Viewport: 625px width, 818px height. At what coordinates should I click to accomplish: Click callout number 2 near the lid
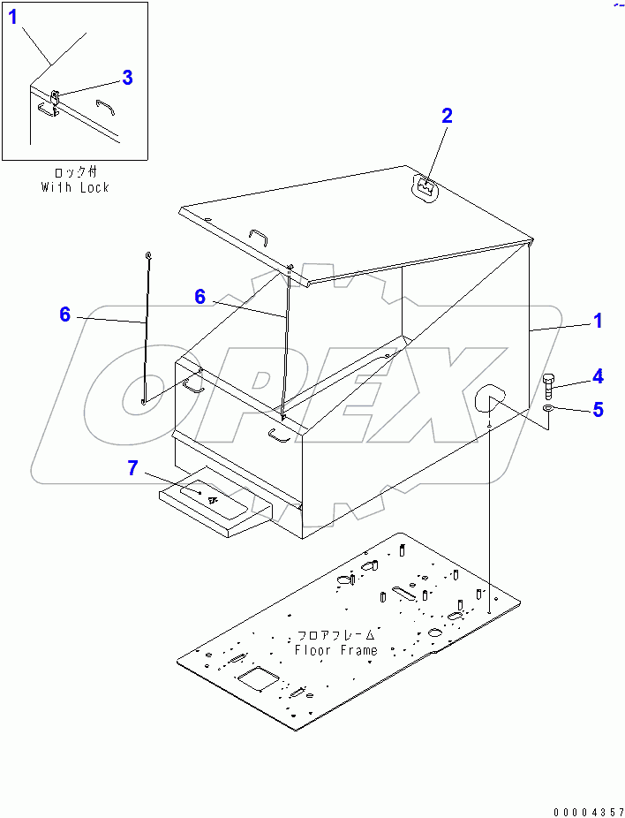[x=447, y=115]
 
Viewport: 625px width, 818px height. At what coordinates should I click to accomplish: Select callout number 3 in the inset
[x=127, y=78]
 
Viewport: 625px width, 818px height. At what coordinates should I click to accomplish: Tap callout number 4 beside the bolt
[x=598, y=377]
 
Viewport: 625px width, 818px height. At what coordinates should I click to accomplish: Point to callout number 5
[x=598, y=409]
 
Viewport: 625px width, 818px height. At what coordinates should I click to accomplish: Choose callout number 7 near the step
[x=132, y=468]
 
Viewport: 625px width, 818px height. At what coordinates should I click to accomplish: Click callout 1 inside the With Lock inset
[x=12, y=16]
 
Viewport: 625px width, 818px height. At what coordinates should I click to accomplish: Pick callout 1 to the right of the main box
[x=598, y=322]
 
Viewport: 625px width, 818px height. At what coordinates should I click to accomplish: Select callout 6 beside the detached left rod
[x=64, y=314]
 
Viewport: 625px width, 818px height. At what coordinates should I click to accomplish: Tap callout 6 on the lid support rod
[x=200, y=298]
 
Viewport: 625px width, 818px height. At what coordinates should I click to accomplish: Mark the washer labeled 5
[x=549, y=410]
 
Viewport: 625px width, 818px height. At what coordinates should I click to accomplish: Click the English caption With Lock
[x=75, y=187]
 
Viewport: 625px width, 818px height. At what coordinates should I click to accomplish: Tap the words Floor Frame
[x=335, y=650]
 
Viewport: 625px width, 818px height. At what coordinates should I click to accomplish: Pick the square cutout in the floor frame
[x=259, y=678]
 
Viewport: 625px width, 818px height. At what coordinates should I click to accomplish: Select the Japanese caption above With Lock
[x=75, y=174]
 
